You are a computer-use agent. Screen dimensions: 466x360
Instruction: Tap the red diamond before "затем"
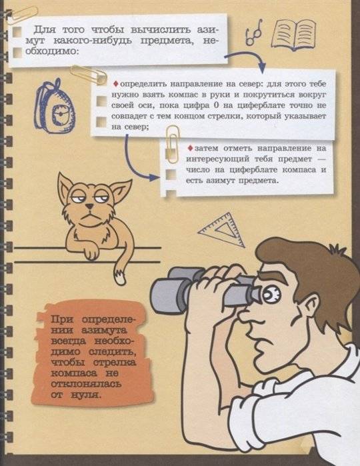190,147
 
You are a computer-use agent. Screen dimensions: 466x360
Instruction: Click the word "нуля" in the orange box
89,395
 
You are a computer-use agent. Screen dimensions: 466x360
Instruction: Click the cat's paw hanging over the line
93,253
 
